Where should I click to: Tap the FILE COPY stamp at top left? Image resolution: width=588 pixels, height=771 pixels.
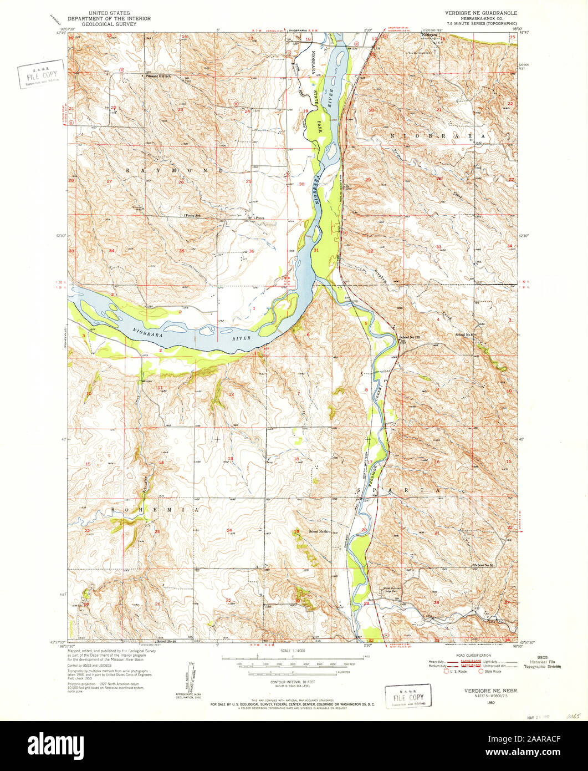click(40, 74)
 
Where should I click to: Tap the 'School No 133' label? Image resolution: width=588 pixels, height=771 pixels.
click(410, 337)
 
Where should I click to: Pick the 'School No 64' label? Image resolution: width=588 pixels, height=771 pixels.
click(319, 532)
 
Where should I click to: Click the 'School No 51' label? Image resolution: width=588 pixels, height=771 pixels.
click(484, 565)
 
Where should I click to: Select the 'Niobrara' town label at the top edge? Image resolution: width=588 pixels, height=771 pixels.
click(430, 34)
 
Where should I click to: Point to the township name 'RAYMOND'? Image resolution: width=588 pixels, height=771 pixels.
click(175, 170)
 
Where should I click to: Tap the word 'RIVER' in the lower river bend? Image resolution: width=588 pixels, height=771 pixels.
click(242, 338)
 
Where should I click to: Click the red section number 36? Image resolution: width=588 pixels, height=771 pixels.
click(252, 251)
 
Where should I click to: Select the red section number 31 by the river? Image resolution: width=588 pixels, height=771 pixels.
click(316, 251)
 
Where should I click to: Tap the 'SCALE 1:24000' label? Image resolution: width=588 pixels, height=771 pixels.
click(293, 650)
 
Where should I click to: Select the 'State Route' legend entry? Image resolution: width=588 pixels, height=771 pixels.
click(492, 671)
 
